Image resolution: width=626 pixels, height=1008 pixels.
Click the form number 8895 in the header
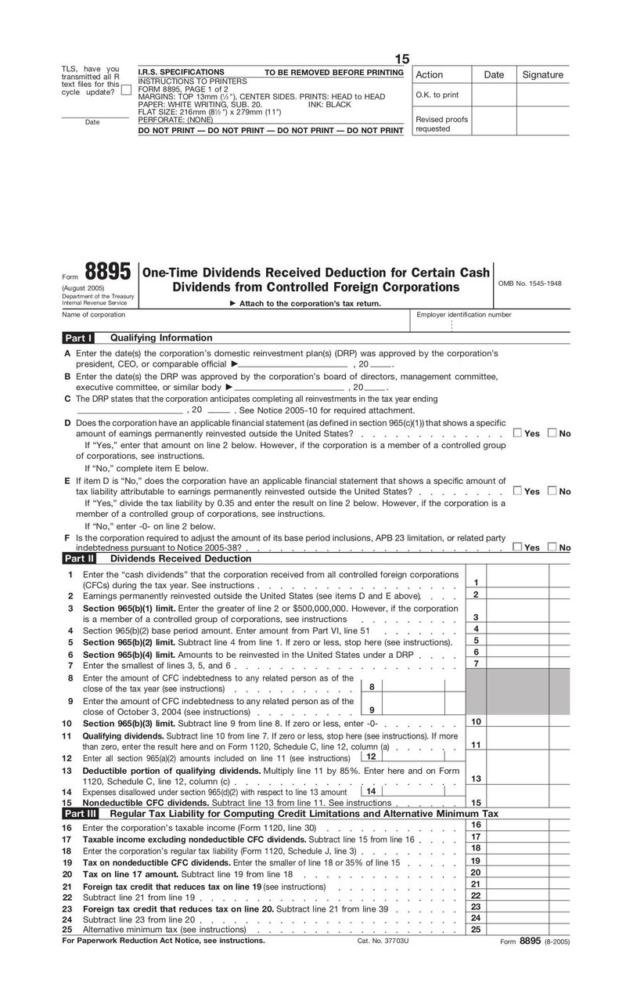pyautogui.click(x=107, y=273)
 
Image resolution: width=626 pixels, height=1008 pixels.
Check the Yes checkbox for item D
pyautogui.click(x=517, y=433)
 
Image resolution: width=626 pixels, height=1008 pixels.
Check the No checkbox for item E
pyautogui.click(x=552, y=491)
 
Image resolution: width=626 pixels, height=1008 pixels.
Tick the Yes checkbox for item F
pyautogui.click(x=517, y=547)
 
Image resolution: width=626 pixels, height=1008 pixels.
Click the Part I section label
pyautogui.click(x=78, y=338)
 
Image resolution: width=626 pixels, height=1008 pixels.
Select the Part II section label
pyautogui.click(x=79, y=558)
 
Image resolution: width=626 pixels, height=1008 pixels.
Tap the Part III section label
pyautogui.click(x=79, y=814)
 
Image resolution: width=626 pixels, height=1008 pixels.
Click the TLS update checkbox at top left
pyautogui.click(x=126, y=90)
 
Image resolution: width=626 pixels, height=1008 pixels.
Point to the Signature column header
pyautogui.click(x=542, y=74)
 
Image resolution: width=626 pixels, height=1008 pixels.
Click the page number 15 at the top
pyautogui.click(x=401, y=60)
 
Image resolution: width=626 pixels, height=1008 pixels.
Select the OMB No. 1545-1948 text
pyautogui.click(x=530, y=284)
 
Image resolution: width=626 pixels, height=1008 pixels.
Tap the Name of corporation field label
pyautogui.click(x=93, y=314)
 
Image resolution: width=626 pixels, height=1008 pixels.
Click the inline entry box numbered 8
pyautogui.click(x=371, y=687)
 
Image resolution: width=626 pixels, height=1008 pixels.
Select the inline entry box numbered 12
pyautogui.click(x=371, y=757)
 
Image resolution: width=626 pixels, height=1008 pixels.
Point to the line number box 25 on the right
pyautogui.click(x=476, y=929)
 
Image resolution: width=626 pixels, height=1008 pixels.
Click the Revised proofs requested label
pyautogui.click(x=441, y=124)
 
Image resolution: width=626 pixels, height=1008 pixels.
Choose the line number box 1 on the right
pyautogui.click(x=476, y=582)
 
